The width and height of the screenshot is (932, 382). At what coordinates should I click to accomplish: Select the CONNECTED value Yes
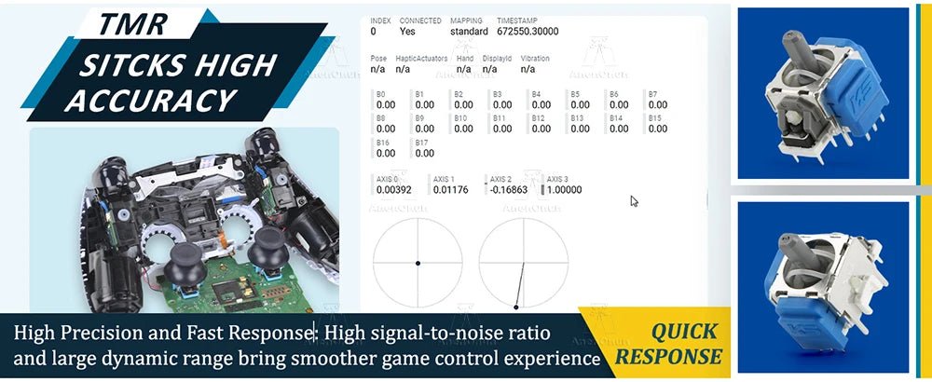click(406, 31)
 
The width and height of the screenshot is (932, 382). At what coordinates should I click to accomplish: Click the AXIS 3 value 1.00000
click(564, 190)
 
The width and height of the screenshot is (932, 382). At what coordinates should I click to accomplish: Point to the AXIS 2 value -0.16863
click(508, 190)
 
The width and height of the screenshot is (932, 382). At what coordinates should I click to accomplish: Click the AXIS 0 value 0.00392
click(393, 190)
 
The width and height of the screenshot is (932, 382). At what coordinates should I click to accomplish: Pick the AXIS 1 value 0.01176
click(451, 190)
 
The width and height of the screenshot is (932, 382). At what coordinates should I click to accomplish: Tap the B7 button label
click(652, 93)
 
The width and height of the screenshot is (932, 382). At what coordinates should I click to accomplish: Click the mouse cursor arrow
click(634, 200)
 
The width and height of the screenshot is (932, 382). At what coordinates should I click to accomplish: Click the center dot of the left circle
click(418, 264)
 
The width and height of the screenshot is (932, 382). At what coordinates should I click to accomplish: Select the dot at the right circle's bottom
click(516, 307)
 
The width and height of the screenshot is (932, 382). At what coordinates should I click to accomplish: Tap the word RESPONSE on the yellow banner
click(669, 356)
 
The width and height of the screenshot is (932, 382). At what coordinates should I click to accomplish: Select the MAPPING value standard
click(469, 31)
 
